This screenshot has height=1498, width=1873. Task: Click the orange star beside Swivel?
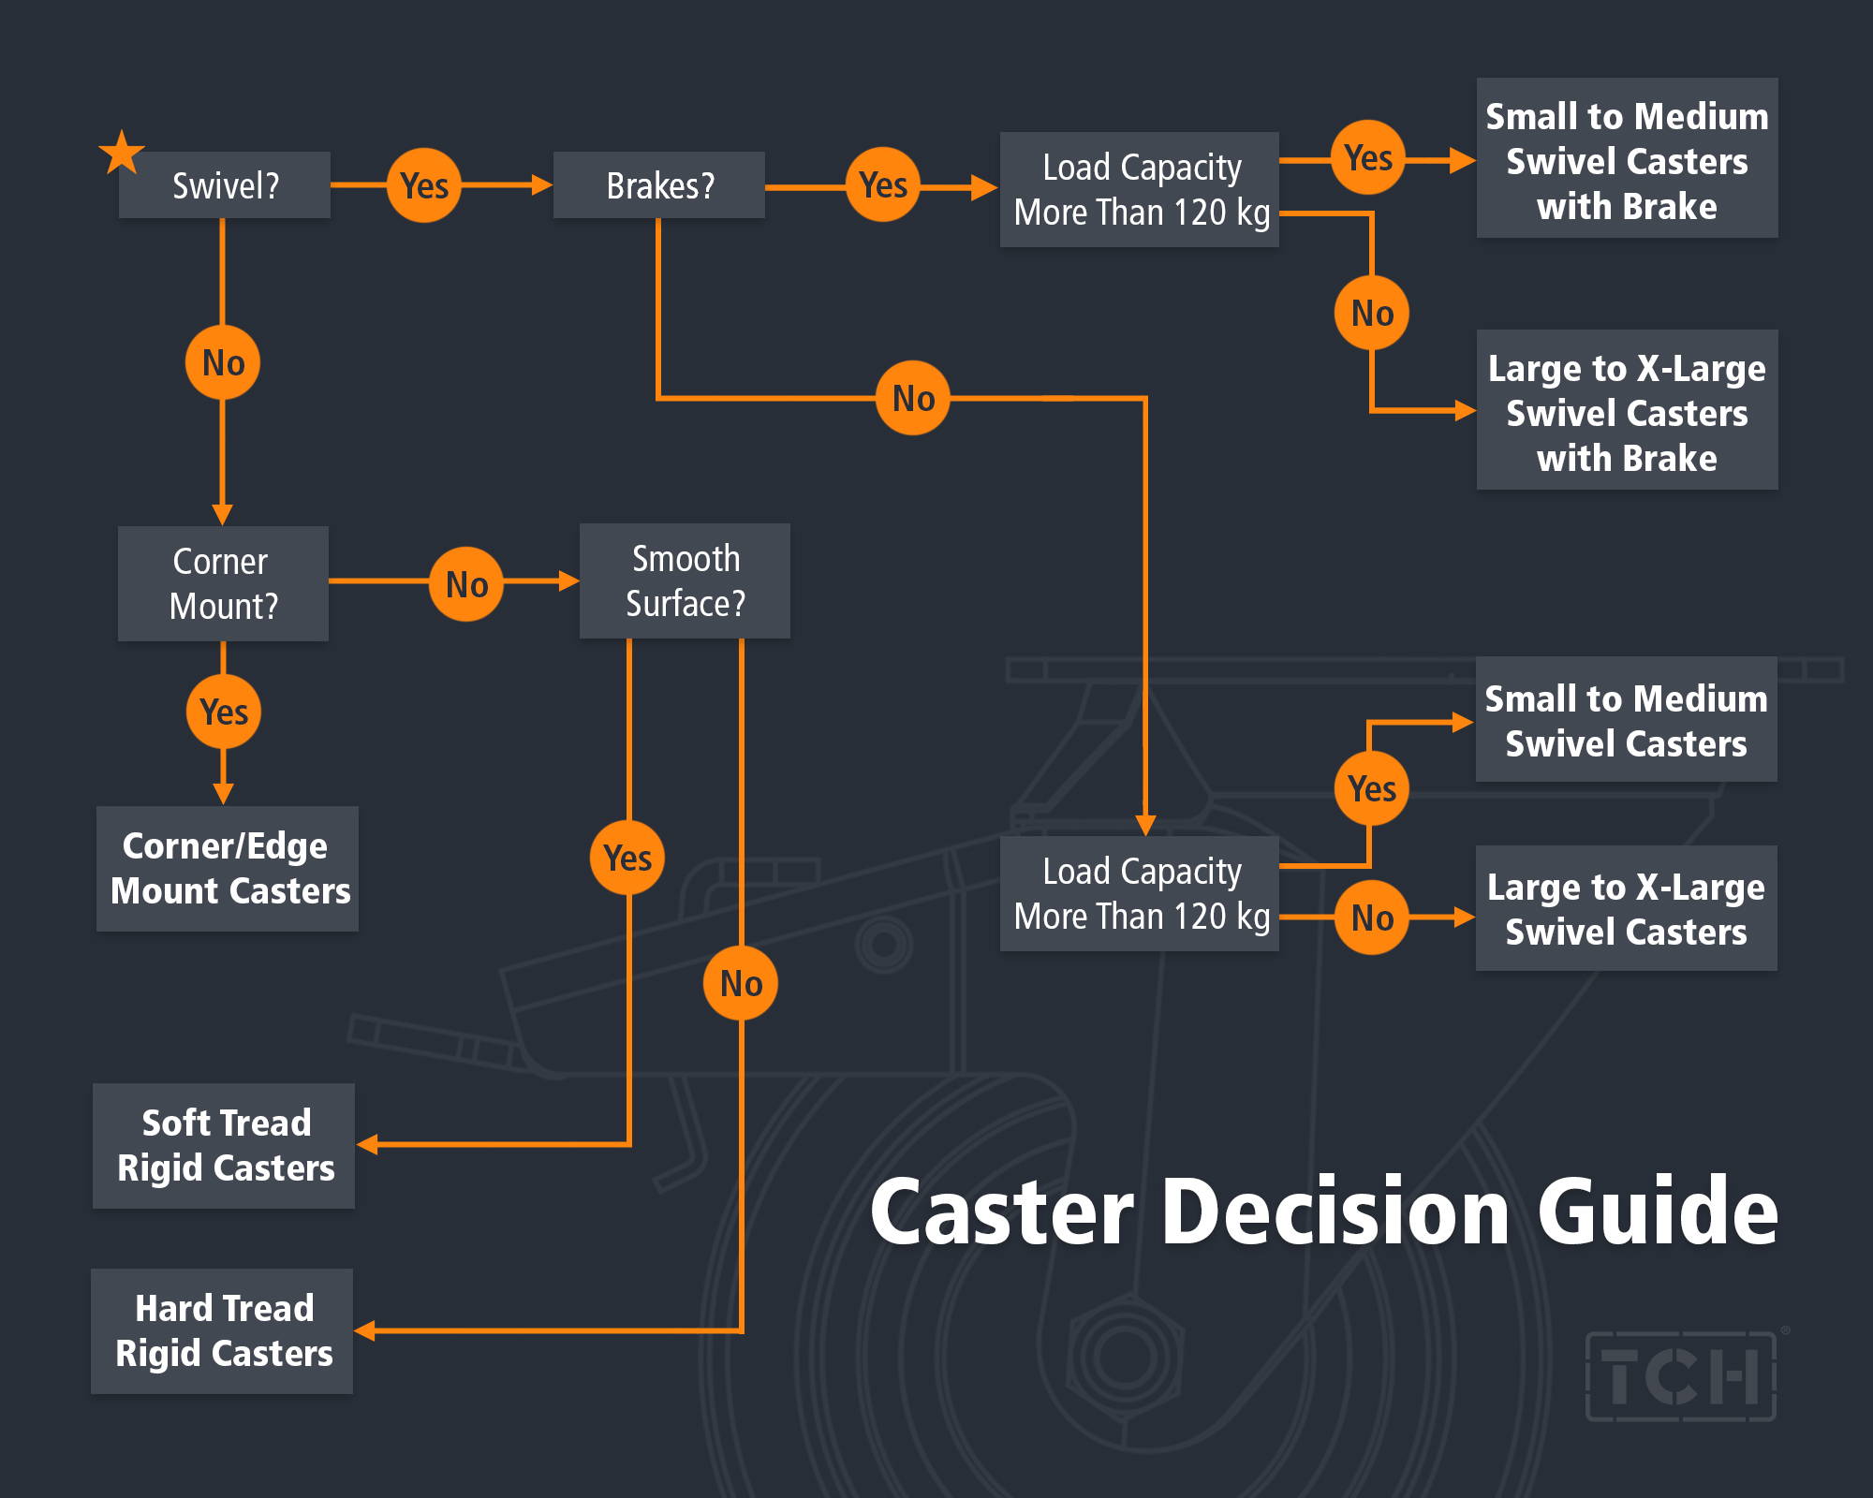[x=122, y=154]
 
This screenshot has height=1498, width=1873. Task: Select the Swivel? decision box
[x=225, y=185]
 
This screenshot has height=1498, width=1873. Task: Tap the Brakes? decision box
[x=659, y=185]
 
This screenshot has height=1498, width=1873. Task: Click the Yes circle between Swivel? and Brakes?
[x=424, y=185]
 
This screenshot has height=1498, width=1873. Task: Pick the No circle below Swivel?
[x=223, y=362]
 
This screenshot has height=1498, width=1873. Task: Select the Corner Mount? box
[x=223, y=583]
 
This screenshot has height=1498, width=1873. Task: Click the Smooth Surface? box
[x=685, y=580]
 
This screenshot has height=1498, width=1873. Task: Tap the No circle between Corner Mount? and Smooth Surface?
[x=466, y=584]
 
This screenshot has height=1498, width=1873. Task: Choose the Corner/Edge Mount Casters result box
[x=228, y=869]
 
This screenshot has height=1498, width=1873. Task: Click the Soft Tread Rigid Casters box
[x=224, y=1146]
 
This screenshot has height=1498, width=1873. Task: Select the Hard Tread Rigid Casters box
[x=222, y=1331]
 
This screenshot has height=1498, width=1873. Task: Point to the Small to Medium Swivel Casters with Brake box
[x=1628, y=157]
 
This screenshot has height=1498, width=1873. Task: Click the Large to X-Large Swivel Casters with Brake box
[x=1628, y=409]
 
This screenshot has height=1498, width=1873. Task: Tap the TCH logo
[x=1682, y=1376]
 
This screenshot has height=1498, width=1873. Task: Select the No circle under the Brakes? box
[x=913, y=398]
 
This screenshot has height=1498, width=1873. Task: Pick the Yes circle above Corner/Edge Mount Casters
[x=224, y=712]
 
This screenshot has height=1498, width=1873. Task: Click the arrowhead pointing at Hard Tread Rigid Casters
[x=365, y=1330]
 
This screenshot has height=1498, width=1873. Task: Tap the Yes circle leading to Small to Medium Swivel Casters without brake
[x=1372, y=788]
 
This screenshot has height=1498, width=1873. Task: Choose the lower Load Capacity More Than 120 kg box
[x=1140, y=893]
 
